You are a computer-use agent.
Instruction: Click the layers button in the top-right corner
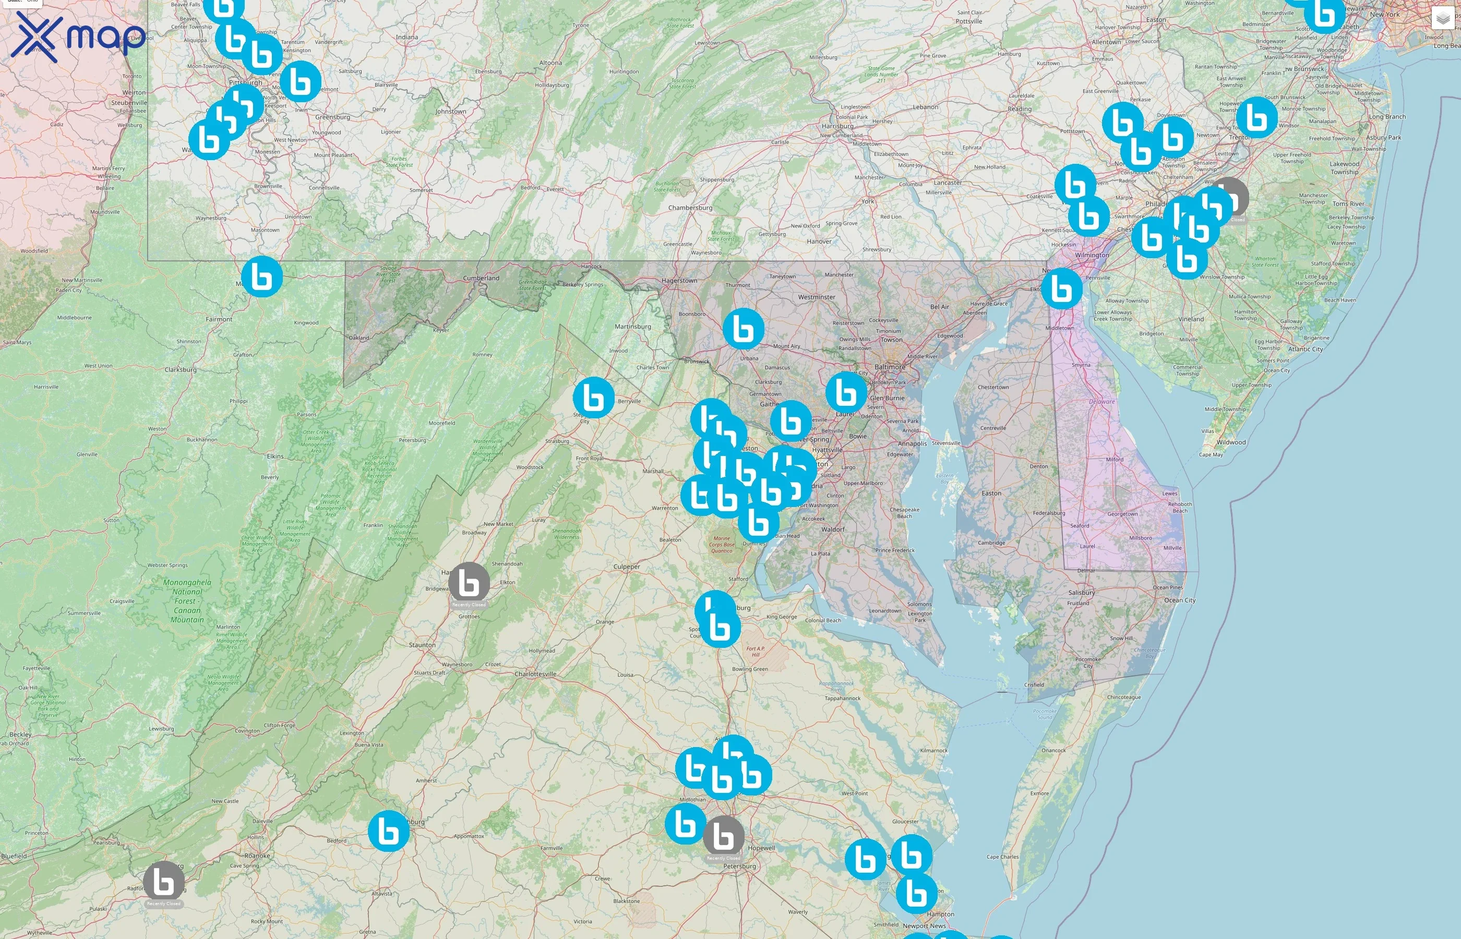click(x=1443, y=19)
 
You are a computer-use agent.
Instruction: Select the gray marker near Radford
click(x=164, y=882)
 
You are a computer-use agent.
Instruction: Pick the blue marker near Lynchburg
click(x=388, y=830)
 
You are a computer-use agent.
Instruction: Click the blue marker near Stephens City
click(x=593, y=398)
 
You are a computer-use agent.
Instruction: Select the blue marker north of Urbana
click(x=744, y=329)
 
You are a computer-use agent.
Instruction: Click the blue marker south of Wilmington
click(x=1062, y=288)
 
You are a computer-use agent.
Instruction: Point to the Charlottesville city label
click(x=535, y=674)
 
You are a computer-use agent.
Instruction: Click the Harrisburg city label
click(x=837, y=126)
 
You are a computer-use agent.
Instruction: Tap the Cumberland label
click(x=481, y=278)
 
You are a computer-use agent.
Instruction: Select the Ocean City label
click(x=1180, y=600)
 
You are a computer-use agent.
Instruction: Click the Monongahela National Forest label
click(x=187, y=600)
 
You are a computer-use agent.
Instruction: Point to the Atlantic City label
click(x=1306, y=350)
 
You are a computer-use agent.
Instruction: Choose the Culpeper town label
click(x=627, y=567)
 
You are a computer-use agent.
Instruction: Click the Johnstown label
click(x=451, y=112)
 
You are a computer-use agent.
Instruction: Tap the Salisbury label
click(x=1082, y=593)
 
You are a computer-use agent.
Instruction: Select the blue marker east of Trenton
click(x=1257, y=117)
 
